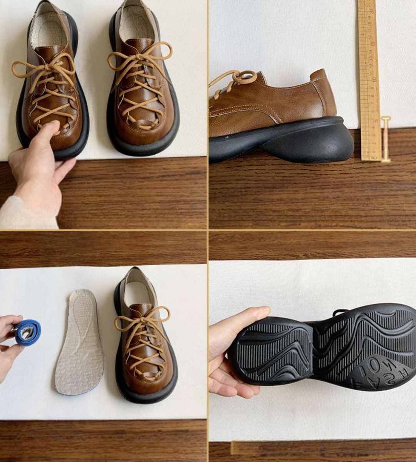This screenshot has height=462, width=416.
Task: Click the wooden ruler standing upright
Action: click(369, 77)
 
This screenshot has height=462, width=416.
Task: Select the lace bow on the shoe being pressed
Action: click(44, 69)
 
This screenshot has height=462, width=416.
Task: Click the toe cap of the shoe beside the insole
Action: click(144, 379)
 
